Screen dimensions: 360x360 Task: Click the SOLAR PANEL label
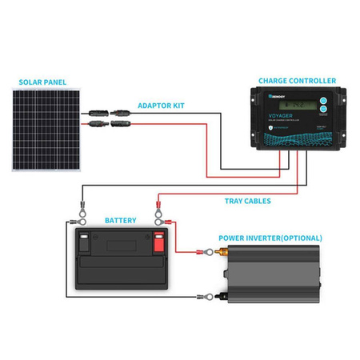coord(44,82)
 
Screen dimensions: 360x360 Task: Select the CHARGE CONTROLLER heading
coord(297,81)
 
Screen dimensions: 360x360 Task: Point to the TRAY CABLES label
coord(248,200)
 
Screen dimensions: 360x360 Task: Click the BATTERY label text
coord(120,219)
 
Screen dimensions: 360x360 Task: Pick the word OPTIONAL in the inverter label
coord(297,238)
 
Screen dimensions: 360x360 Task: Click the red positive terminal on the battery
coord(158,237)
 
